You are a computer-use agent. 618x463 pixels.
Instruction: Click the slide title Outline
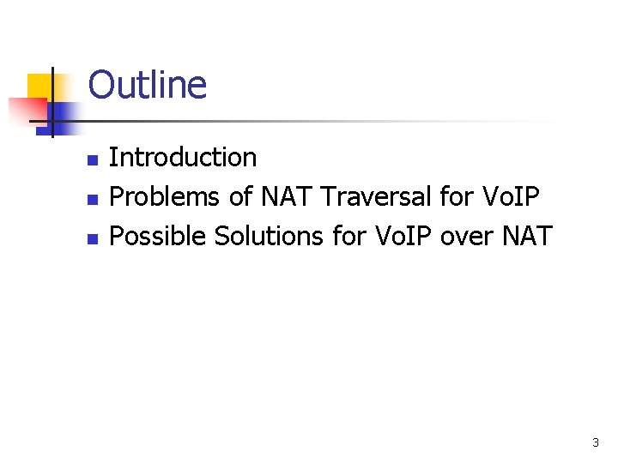[x=147, y=86]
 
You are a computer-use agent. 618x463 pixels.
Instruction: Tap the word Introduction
[x=183, y=158]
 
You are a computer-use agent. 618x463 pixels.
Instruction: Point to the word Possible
[x=159, y=236]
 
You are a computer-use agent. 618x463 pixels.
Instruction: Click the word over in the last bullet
[x=464, y=236]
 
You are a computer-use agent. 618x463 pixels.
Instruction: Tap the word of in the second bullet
[x=241, y=197]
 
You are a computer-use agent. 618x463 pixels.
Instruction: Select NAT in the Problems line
[x=288, y=197]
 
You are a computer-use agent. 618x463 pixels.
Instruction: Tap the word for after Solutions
[x=348, y=236]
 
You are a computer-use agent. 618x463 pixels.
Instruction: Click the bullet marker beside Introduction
[x=92, y=159]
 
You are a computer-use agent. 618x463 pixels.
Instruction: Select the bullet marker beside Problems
[x=92, y=199]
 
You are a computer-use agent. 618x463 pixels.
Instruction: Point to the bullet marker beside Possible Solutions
[x=92, y=238]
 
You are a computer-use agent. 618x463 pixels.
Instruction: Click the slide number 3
[x=596, y=443]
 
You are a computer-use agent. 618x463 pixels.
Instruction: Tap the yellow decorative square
[x=39, y=85]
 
